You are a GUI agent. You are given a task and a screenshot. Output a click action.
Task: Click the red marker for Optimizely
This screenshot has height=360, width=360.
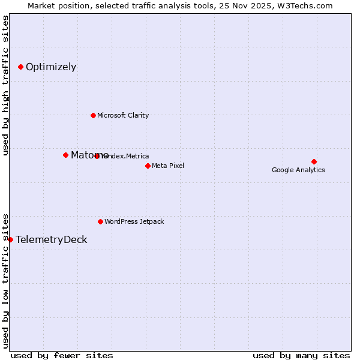[x=20, y=67]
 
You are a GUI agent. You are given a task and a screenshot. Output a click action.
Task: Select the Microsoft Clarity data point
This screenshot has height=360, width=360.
[x=93, y=115]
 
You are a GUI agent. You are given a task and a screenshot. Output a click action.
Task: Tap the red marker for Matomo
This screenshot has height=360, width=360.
[x=65, y=155]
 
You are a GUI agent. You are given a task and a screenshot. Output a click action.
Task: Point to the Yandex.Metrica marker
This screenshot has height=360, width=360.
[x=97, y=156]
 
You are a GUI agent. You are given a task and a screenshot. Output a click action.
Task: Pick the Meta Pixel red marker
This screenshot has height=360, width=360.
[x=148, y=166]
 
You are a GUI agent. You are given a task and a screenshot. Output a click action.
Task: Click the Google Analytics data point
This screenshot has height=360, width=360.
[x=314, y=161]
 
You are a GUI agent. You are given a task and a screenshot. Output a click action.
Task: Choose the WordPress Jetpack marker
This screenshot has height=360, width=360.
[x=100, y=221]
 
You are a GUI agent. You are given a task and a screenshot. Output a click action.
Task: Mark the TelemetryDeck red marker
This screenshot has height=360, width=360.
[x=10, y=239]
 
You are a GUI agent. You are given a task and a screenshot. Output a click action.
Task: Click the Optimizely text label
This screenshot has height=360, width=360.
[x=51, y=67]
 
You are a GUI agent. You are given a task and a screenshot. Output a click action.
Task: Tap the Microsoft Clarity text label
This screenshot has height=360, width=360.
[x=123, y=115]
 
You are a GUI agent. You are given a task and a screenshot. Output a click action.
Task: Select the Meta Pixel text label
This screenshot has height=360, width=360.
[x=168, y=166]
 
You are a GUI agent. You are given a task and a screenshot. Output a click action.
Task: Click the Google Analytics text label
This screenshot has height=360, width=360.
[x=298, y=170]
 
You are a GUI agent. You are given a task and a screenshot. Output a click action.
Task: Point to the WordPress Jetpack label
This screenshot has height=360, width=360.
[x=134, y=221]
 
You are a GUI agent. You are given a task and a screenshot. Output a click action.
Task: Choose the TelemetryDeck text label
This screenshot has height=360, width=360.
[x=52, y=239]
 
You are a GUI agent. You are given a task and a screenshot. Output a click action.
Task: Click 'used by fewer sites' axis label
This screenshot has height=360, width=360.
[x=62, y=355]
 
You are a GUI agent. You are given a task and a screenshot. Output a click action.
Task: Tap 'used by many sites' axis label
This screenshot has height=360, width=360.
[x=301, y=355]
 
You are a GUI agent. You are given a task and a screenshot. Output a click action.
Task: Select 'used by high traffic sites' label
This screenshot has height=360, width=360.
[x=6, y=85]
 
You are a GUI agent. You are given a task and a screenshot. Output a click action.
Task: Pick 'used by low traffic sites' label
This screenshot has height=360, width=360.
[x=6, y=280]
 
